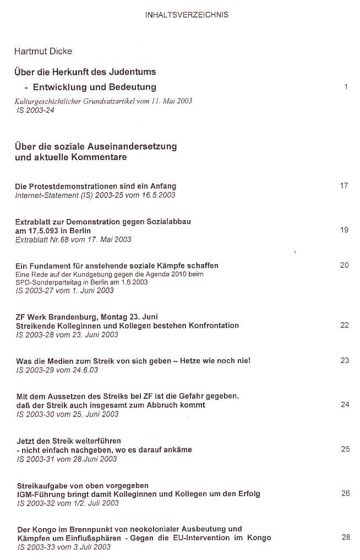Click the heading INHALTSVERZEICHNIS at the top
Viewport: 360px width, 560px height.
tap(187, 15)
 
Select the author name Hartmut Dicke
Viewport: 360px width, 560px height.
tap(43, 51)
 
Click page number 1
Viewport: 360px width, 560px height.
tap(346, 86)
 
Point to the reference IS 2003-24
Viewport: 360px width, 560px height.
tap(37, 110)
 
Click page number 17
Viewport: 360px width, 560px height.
tap(344, 185)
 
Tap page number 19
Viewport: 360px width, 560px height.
tap(344, 230)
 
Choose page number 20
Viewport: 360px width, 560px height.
tap(344, 265)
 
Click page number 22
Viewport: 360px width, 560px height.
tap(344, 325)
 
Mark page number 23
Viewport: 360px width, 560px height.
tap(345, 360)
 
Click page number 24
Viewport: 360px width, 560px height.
tap(345, 404)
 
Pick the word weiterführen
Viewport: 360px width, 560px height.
tap(95, 441)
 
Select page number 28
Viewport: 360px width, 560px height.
tap(345, 537)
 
